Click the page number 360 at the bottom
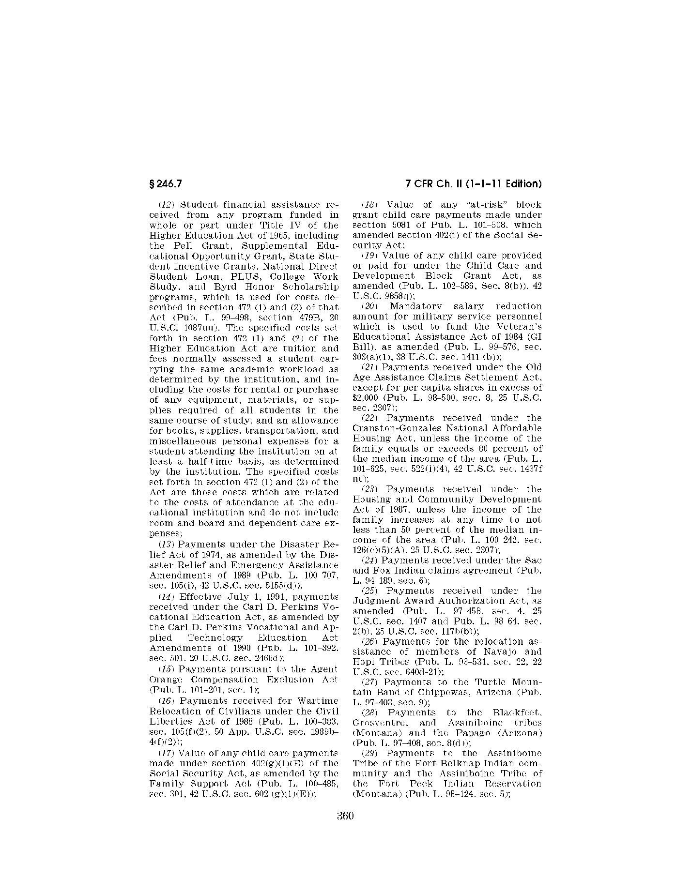coord(345,816)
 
